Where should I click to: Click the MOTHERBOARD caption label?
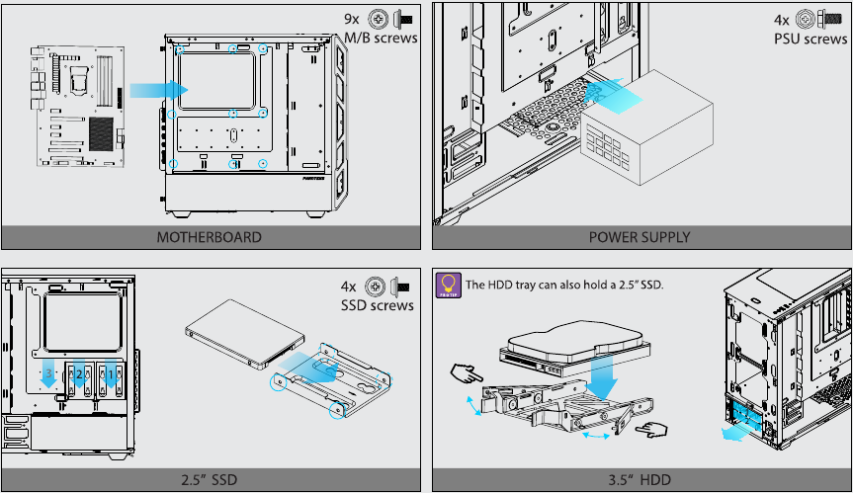(209, 237)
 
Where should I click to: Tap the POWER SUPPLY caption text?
(640, 237)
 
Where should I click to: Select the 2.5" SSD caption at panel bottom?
(209, 480)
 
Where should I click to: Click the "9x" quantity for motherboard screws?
(352, 18)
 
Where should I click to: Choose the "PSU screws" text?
(810, 39)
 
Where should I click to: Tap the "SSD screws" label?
(379, 305)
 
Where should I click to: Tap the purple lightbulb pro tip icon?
(448, 286)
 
